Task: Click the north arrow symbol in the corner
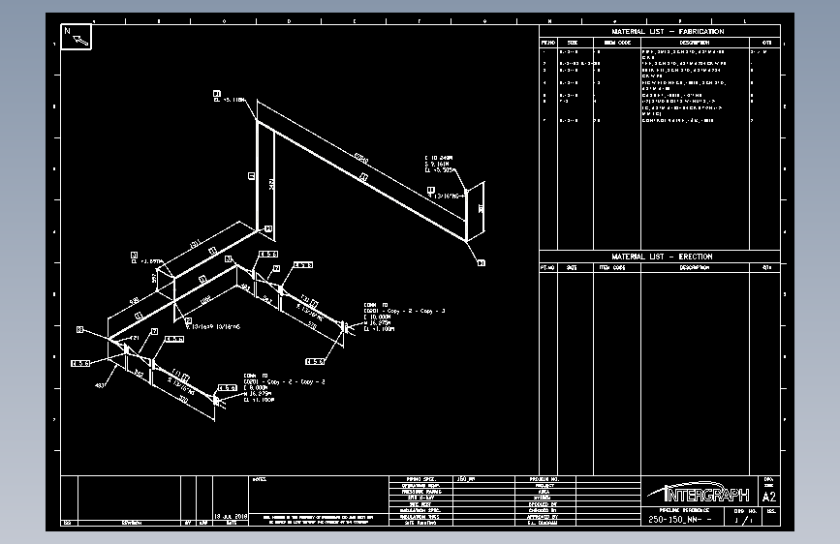(x=77, y=37)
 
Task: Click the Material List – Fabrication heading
(x=668, y=32)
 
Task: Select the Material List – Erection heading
(x=661, y=257)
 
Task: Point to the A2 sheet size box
(x=769, y=497)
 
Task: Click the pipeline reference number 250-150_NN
(x=679, y=520)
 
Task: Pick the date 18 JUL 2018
(x=232, y=517)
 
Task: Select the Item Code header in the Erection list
(x=611, y=267)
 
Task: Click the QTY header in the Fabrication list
(x=766, y=43)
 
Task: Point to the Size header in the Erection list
(x=572, y=267)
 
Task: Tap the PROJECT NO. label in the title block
(x=544, y=479)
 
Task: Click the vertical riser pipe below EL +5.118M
(x=257, y=174)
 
